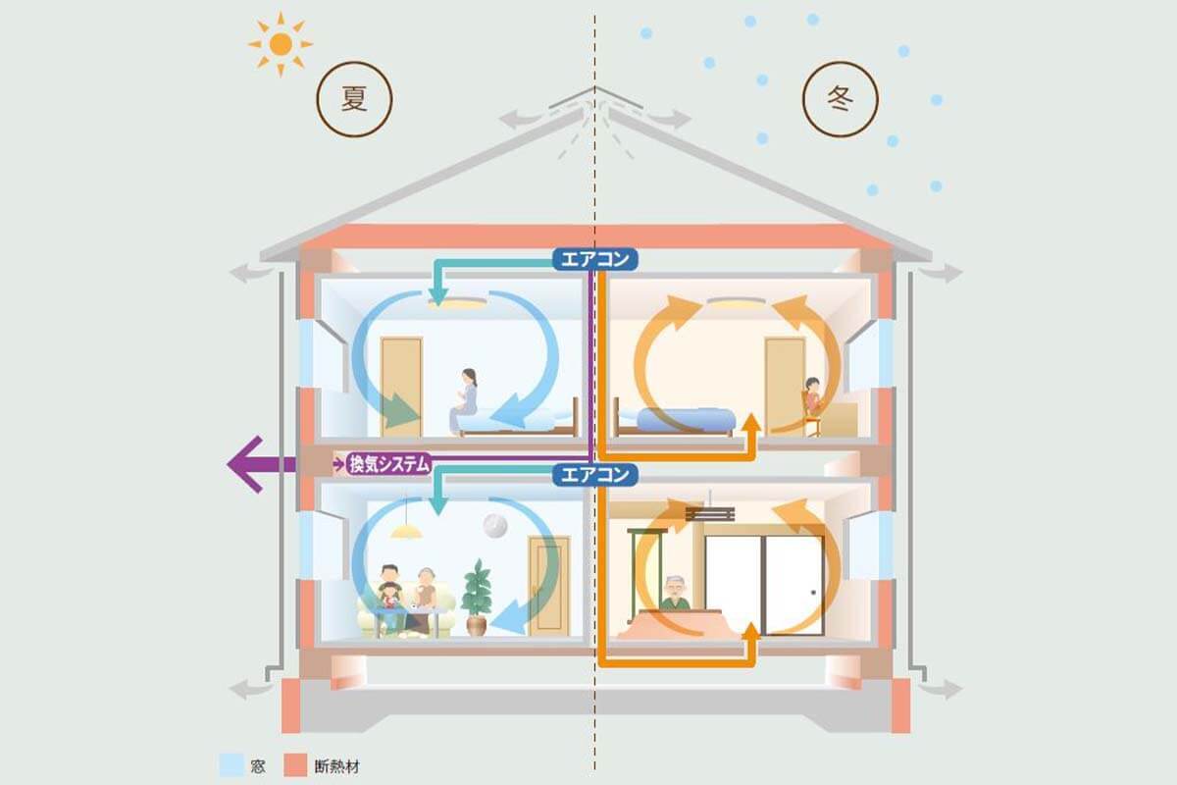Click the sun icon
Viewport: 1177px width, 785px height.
[281, 43]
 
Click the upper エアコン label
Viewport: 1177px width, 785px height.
[595, 259]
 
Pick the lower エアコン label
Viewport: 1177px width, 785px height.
[595, 475]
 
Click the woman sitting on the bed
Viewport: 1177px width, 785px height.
[465, 398]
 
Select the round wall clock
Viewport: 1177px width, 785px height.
[495, 526]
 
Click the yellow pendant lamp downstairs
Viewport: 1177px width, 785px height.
[406, 530]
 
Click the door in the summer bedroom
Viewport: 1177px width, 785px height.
[400, 385]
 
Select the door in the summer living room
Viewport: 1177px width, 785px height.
[548, 585]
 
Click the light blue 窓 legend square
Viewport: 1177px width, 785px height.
[232, 764]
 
